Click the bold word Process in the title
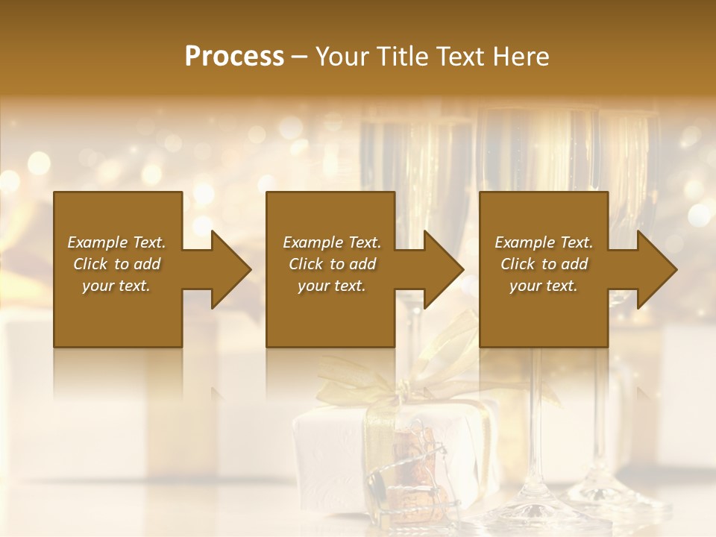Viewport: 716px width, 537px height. (234, 57)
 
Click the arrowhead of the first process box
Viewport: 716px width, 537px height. (230, 269)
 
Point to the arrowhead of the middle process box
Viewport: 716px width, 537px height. (442, 269)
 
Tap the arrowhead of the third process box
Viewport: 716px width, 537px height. (656, 269)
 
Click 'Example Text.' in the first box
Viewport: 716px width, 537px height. (116, 242)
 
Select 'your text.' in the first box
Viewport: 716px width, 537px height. (116, 286)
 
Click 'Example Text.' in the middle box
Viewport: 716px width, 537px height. (332, 242)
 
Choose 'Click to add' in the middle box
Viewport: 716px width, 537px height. (332, 264)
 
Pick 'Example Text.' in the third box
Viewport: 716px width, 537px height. (544, 242)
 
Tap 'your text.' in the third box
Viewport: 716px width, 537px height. (544, 286)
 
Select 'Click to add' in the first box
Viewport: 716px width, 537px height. (116, 264)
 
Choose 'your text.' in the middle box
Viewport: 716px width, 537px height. (332, 286)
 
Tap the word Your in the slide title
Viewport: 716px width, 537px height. (342, 57)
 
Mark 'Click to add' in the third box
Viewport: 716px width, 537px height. (544, 264)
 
